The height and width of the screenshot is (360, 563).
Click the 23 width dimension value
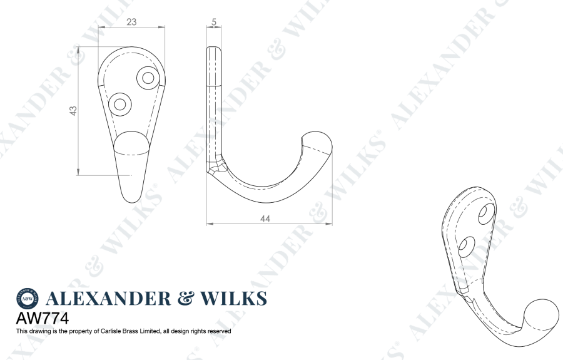[131, 21]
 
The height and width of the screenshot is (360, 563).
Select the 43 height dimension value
[73, 110]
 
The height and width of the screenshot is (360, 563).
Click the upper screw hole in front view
[148, 78]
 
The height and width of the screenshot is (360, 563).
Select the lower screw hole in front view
[119, 103]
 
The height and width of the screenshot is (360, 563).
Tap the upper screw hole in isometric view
[485, 213]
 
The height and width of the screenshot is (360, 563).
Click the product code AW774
[41, 318]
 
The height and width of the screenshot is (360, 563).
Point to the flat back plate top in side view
[215, 51]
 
